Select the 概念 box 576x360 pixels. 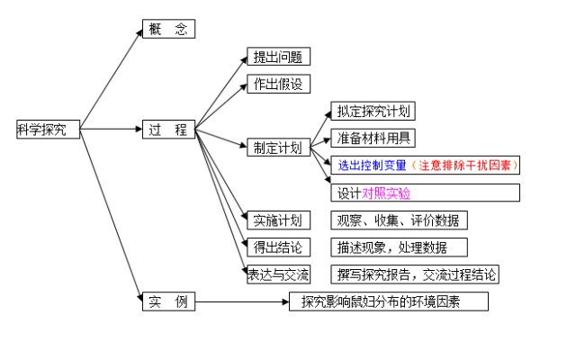(168, 29)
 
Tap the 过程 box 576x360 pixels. (168, 130)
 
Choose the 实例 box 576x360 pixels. (168, 301)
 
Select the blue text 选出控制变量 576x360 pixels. (373, 166)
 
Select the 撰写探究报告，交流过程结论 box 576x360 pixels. (416, 274)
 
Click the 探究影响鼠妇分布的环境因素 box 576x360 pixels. (389, 302)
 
